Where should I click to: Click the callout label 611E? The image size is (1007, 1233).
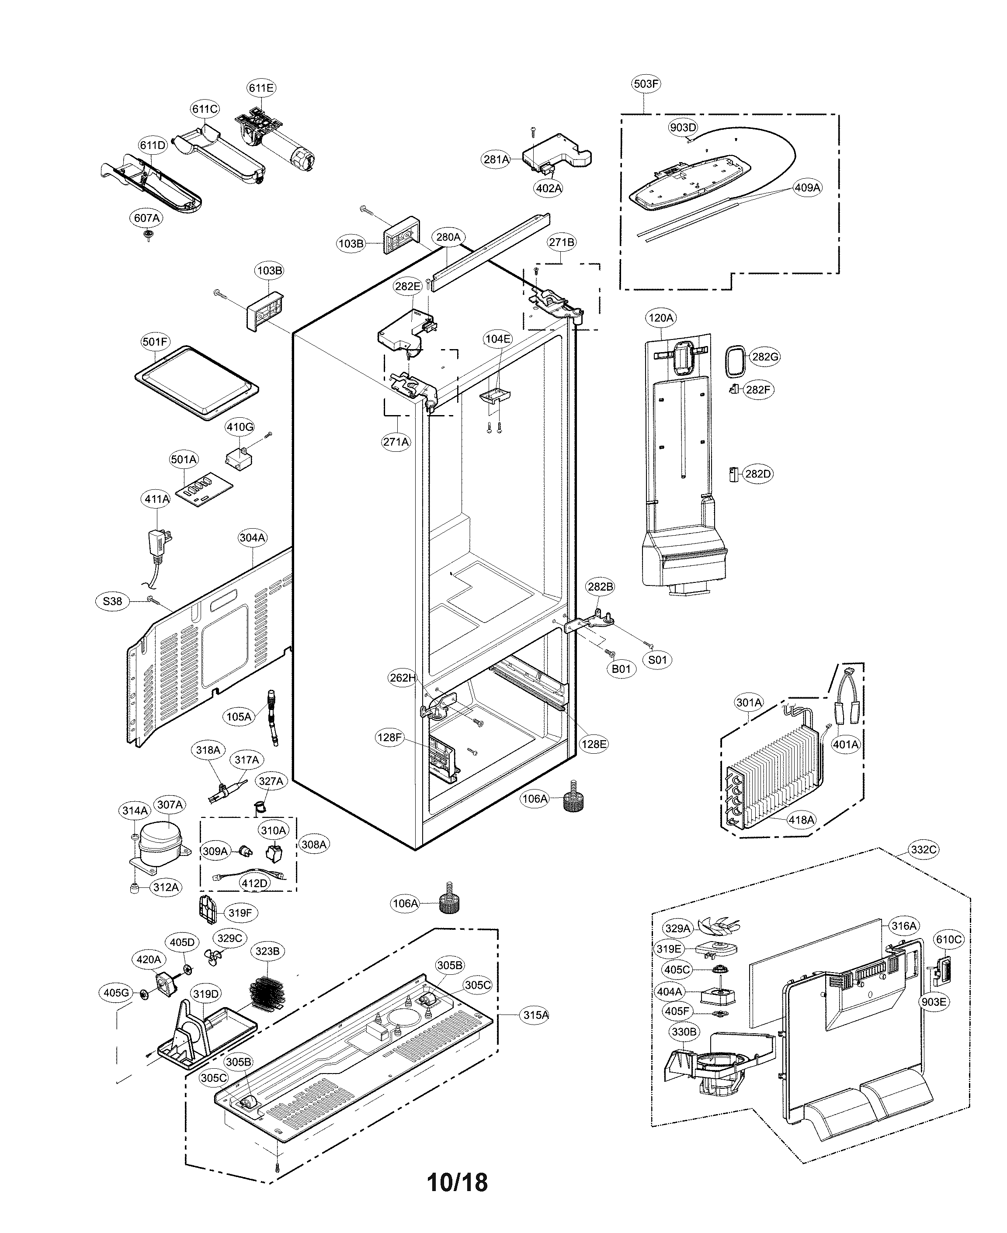pyautogui.click(x=261, y=88)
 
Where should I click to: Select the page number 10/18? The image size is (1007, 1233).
pyautogui.click(x=457, y=1182)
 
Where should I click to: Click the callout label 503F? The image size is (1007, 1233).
pyautogui.click(x=646, y=83)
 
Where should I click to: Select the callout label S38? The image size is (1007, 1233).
pyautogui.click(x=112, y=601)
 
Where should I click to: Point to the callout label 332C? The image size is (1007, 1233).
pyautogui.click(x=924, y=850)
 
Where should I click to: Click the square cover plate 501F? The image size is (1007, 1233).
pyautogui.click(x=196, y=383)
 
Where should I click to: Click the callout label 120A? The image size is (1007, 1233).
pyautogui.click(x=661, y=318)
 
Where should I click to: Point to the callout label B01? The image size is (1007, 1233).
pyautogui.click(x=621, y=668)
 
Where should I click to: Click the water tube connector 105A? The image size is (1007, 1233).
pyautogui.click(x=272, y=717)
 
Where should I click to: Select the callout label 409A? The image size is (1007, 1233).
pyautogui.click(x=807, y=188)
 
